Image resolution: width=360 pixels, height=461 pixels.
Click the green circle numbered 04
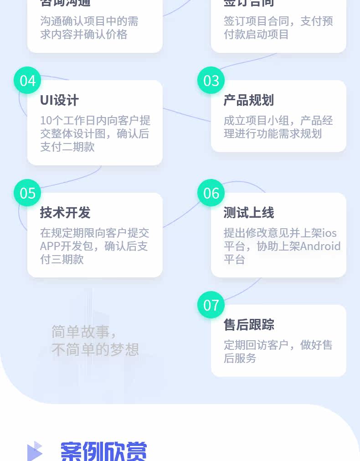coord(27,81)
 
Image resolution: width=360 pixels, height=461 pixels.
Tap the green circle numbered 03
coord(211,81)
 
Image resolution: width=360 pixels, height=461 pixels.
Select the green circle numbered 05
coord(27,193)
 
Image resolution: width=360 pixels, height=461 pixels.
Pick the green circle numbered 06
coord(211,193)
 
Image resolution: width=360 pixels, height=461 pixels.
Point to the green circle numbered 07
coord(211,305)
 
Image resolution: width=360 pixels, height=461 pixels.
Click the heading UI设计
coord(59,100)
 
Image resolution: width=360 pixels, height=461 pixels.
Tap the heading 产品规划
coord(248,100)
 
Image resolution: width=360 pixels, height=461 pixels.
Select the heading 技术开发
coord(65,213)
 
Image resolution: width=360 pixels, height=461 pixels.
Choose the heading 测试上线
coord(248,213)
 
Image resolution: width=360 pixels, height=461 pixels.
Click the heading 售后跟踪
coord(248,325)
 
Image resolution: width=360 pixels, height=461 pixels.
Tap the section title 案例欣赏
coord(104,451)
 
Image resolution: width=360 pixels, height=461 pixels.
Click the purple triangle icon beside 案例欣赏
coord(35,451)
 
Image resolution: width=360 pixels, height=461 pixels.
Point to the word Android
coord(320,246)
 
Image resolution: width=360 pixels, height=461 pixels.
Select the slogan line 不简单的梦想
coord(95,350)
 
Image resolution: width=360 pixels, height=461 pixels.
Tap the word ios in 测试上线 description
coord(329,233)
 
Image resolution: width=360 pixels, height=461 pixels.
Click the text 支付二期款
coord(67,147)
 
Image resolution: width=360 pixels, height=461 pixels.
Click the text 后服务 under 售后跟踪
coord(240,358)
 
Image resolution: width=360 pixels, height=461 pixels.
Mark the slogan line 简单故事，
coord(84,332)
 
